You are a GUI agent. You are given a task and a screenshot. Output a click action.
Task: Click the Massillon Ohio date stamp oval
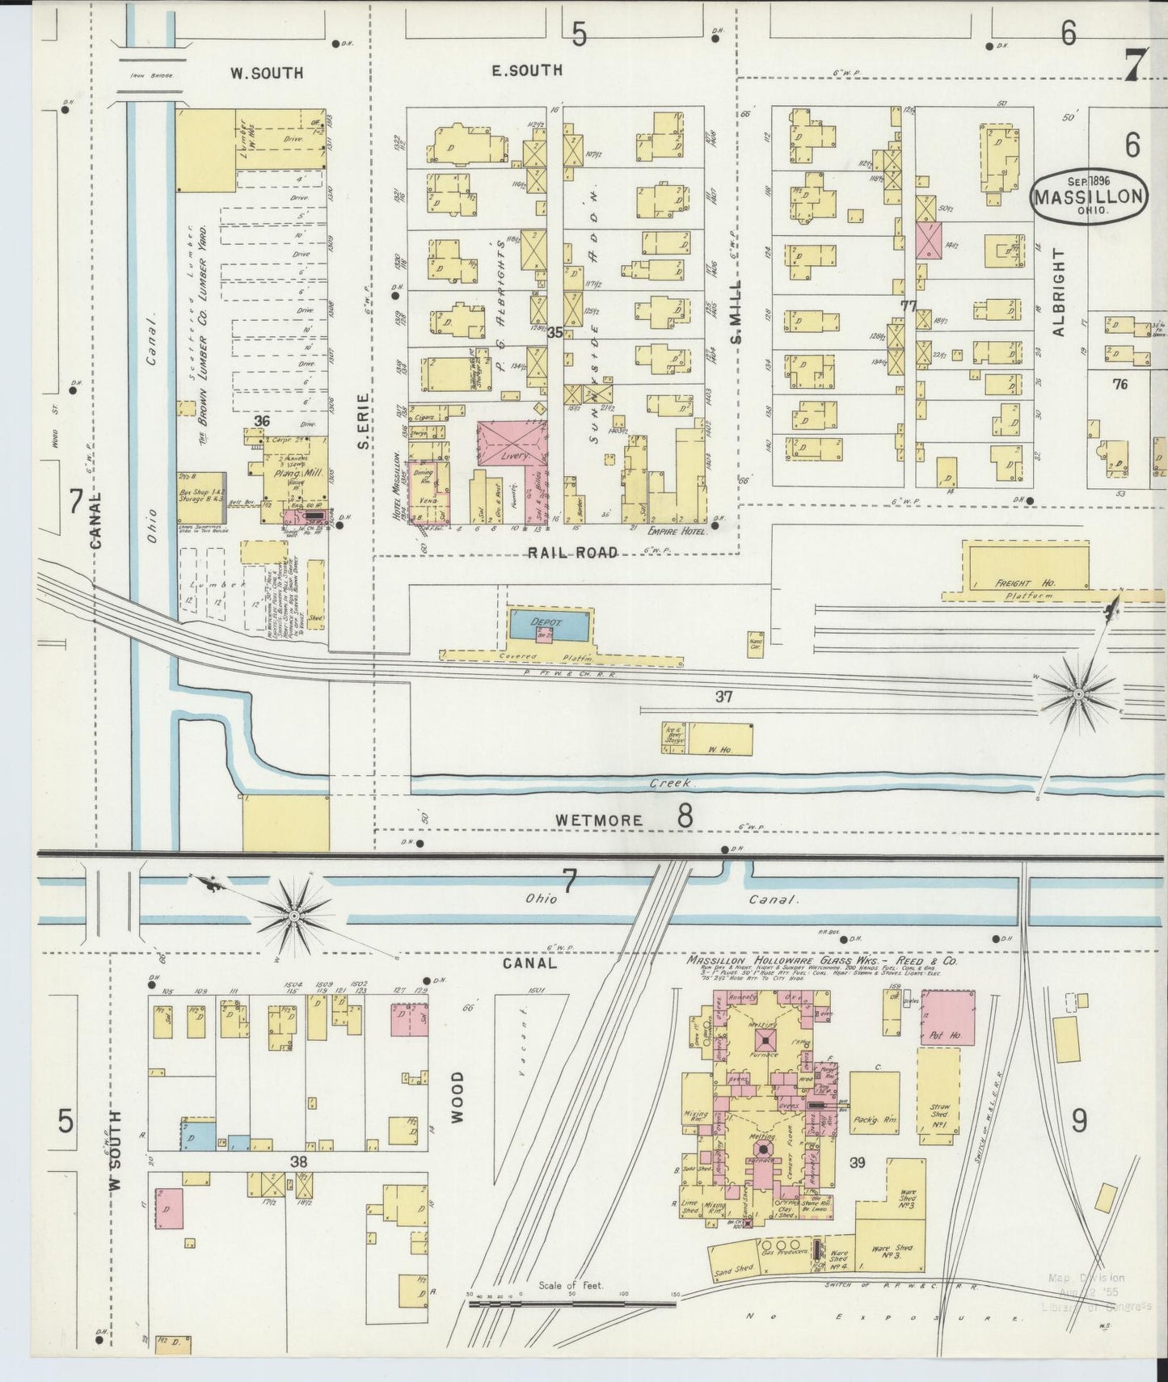pos(1090,196)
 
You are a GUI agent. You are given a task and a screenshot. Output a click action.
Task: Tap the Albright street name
pos(1060,292)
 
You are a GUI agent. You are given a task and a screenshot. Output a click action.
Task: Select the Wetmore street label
pos(598,820)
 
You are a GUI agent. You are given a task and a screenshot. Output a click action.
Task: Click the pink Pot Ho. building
pos(947,1018)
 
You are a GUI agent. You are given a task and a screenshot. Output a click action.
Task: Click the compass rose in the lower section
pos(293,915)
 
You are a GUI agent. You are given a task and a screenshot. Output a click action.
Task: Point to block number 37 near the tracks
pos(723,696)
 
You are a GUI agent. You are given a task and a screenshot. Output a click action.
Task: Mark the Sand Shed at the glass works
pos(734,1271)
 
